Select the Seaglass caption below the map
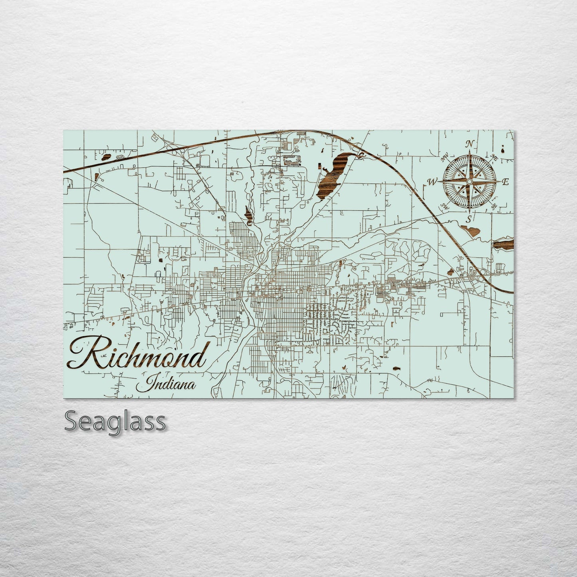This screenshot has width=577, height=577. click(115, 421)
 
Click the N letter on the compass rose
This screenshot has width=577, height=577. click(470, 144)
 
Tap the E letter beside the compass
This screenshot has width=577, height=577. click(505, 182)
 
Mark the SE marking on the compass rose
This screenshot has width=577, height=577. click(494, 206)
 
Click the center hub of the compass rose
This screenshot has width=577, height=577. click(470, 182)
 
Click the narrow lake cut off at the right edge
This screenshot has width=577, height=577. click(504, 244)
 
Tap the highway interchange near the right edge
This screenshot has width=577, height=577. click(476, 275)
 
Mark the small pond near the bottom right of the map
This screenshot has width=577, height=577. click(397, 369)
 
